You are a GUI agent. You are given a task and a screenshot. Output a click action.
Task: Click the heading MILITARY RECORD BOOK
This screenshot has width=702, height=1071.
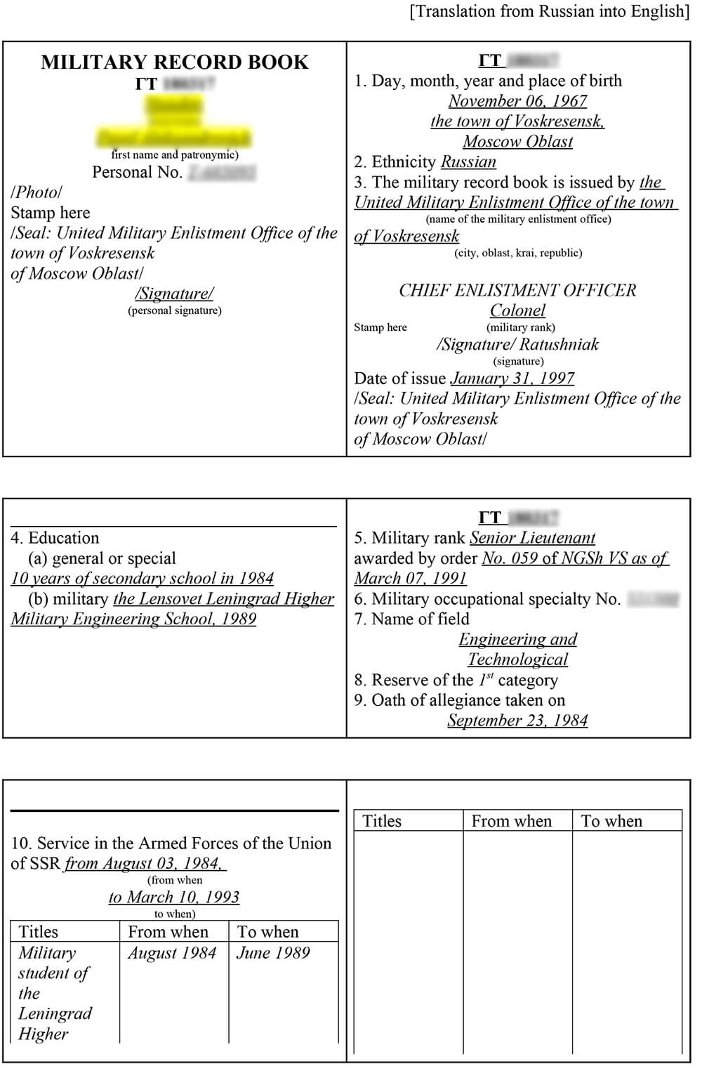coord(174,63)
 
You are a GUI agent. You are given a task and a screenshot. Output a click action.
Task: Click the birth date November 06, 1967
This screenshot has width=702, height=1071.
coord(517,101)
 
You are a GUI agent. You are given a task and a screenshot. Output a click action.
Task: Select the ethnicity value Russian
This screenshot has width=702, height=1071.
coord(468,162)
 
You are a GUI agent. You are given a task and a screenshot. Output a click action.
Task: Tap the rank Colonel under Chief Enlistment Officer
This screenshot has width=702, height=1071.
coord(517,310)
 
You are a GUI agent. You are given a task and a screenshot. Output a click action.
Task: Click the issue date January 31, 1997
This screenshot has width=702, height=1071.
coord(512,379)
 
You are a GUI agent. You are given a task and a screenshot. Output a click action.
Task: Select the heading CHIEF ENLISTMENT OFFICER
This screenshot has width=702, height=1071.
coord(517,290)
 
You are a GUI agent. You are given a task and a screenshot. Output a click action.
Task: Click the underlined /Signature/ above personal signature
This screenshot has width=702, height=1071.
coord(174,294)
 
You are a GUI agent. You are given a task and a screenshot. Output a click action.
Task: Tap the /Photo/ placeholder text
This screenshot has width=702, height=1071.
coord(37,192)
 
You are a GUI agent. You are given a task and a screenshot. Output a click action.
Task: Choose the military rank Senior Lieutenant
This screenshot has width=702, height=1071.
coord(532,538)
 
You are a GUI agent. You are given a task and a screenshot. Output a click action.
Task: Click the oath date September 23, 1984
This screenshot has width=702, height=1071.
coord(517,721)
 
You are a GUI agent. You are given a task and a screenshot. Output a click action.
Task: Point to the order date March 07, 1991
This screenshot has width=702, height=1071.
coord(410,579)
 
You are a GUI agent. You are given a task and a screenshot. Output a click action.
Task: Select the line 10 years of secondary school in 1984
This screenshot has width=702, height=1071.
coord(142,579)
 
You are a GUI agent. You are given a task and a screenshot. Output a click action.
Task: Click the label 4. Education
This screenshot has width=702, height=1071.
coord(55,538)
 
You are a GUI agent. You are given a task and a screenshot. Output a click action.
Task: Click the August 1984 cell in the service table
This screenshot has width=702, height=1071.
coord(172,953)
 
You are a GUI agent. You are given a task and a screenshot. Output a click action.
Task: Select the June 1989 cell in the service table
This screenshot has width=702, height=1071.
coord(273,953)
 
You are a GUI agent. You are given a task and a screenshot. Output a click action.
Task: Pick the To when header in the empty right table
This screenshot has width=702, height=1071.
coord(611,821)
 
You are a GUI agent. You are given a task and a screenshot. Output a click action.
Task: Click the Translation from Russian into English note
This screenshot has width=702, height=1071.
coord(550,11)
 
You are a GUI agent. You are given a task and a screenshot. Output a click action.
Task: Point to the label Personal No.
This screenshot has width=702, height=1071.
coord(138,173)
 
